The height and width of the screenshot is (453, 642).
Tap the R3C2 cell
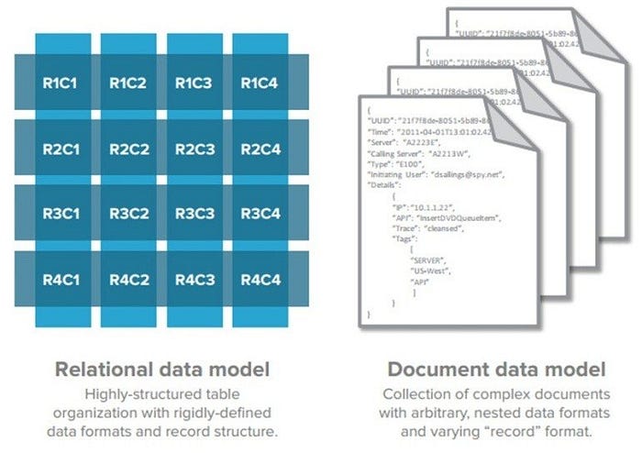(128, 215)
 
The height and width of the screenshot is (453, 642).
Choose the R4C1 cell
(61, 280)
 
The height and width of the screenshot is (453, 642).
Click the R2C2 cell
(128, 149)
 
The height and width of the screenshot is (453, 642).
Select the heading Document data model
(496, 370)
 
